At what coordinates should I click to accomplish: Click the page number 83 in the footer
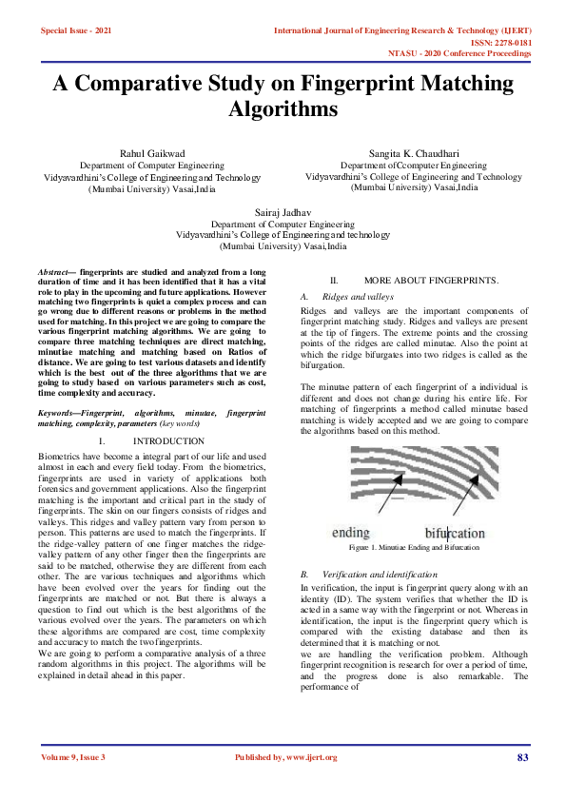[522, 757]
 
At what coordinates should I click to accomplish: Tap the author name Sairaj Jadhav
[283, 211]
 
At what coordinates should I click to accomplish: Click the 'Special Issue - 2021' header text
[75, 31]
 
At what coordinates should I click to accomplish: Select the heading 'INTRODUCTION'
[168, 441]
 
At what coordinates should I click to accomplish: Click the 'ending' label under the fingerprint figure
[351, 533]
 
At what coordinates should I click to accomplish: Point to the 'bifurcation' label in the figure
[455, 533]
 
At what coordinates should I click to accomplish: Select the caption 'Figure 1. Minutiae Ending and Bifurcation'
[414, 549]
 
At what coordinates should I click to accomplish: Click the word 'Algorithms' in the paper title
[283, 109]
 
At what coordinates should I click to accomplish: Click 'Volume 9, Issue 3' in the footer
[73, 757]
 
